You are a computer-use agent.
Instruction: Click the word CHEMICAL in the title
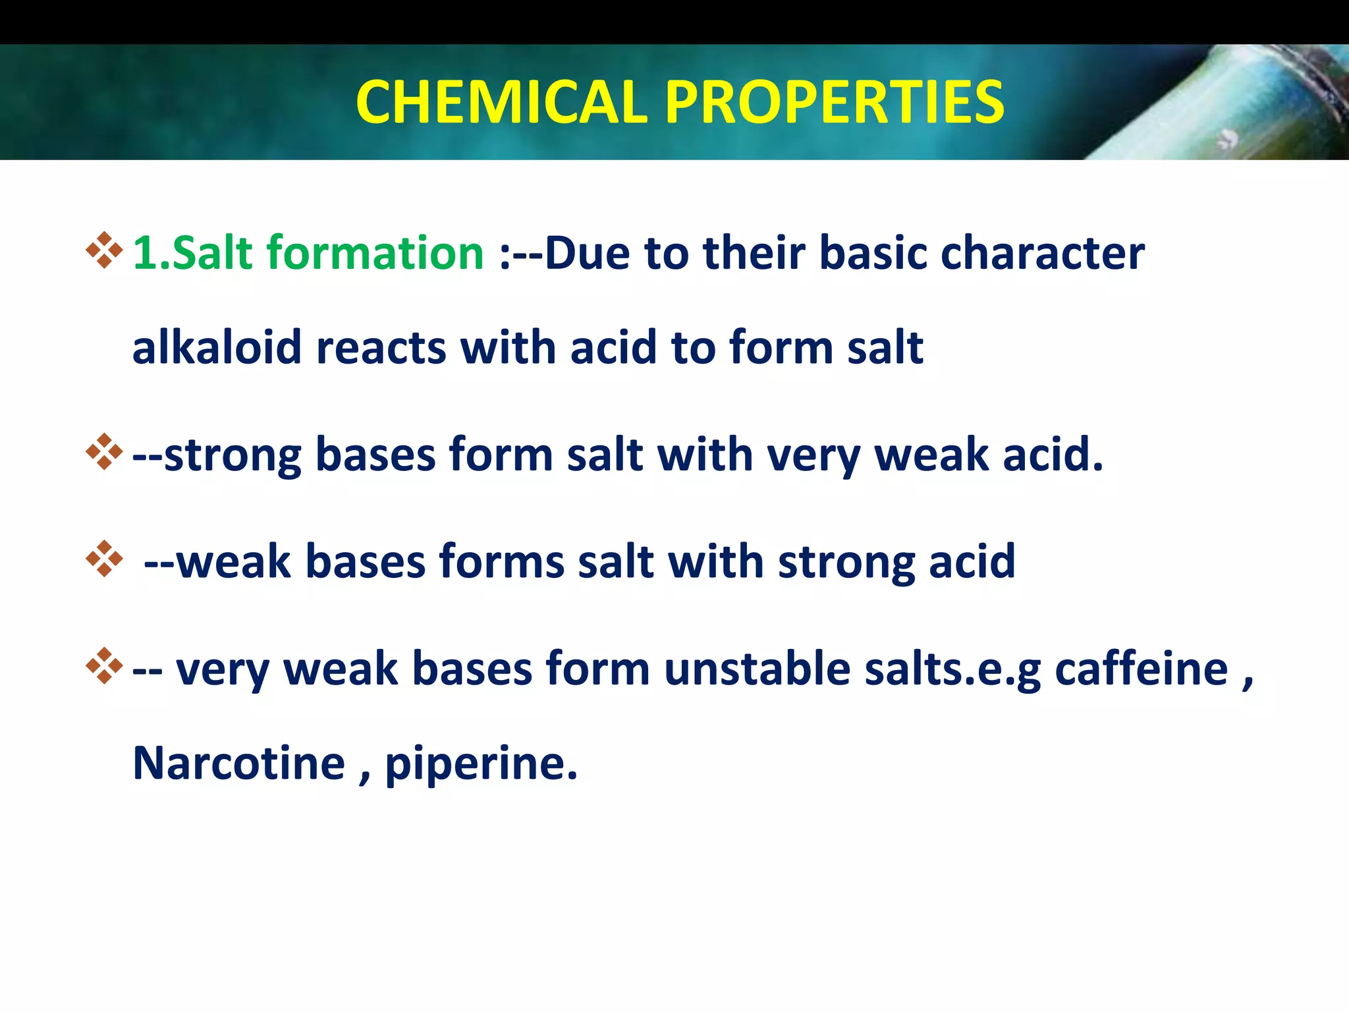point(503,102)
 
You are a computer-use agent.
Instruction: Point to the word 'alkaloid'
point(217,347)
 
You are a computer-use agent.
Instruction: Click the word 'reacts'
point(381,347)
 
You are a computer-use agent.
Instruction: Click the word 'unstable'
point(757,669)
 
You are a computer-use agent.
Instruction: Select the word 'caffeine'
point(1141,669)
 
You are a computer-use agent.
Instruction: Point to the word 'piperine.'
point(481,764)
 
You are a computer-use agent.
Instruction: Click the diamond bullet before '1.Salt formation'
point(104,251)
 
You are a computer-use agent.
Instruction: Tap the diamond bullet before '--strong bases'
point(104,452)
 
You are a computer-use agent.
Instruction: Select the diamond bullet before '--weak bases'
point(104,559)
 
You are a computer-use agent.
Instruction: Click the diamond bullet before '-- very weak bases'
point(104,666)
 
